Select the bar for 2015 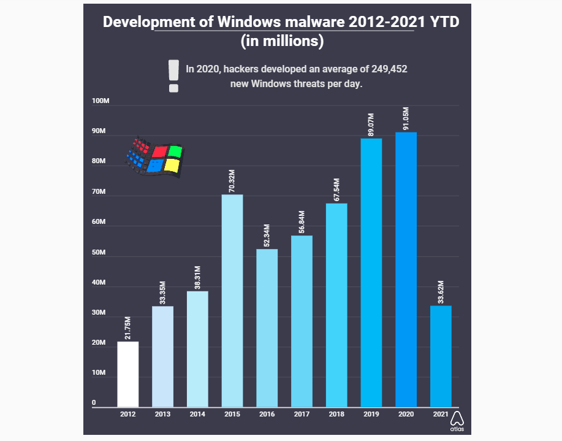(x=232, y=301)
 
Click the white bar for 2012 (x=127, y=374)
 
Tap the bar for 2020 (x=406, y=269)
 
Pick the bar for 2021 (x=441, y=356)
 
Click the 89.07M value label (x=371, y=124)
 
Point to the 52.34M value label (x=267, y=234)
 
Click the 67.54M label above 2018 (x=336, y=189)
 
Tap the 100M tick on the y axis (x=101, y=102)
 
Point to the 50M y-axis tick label (x=99, y=253)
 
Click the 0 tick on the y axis (x=94, y=403)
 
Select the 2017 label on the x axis (x=302, y=415)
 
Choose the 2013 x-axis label (x=162, y=415)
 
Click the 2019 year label (x=371, y=415)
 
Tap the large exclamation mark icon (x=174, y=76)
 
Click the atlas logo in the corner (x=457, y=422)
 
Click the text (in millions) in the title (x=281, y=42)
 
